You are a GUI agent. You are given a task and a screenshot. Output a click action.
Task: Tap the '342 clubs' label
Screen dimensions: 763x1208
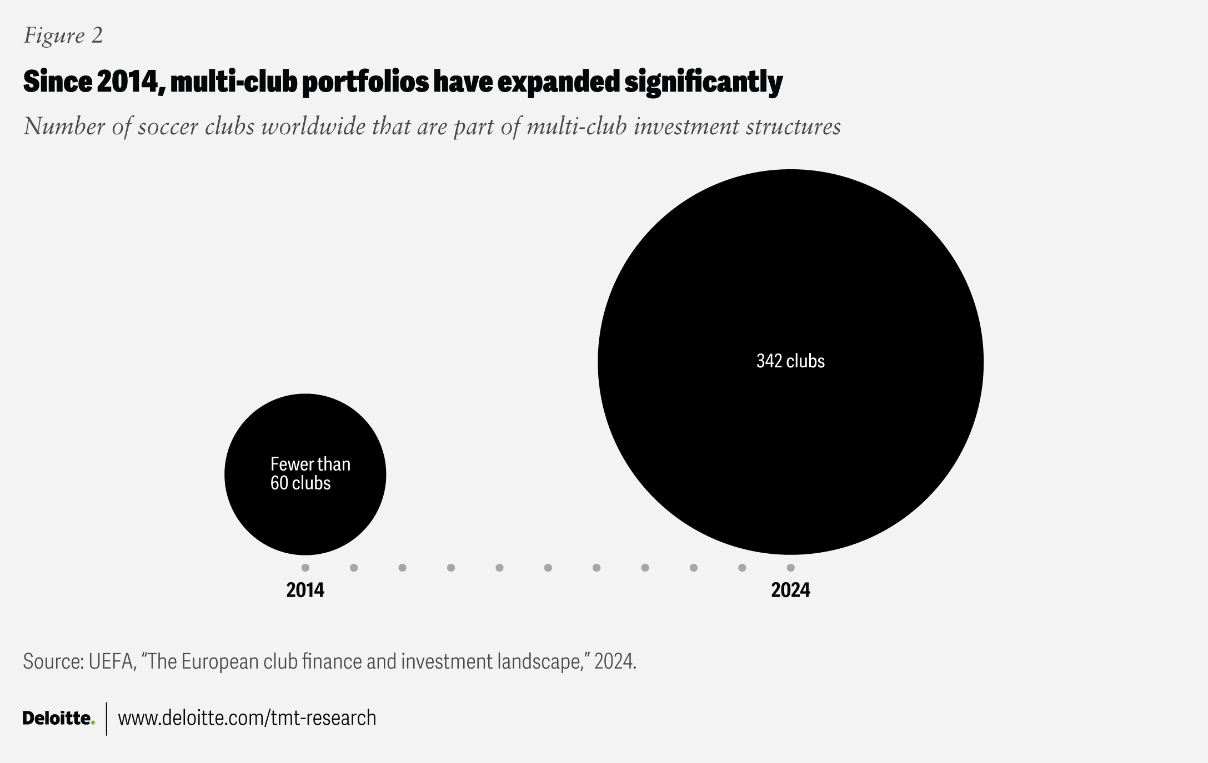790,361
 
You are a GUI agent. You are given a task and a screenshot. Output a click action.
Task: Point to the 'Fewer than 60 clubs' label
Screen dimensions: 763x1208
310,473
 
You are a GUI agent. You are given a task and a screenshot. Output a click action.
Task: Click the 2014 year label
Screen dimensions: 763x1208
305,590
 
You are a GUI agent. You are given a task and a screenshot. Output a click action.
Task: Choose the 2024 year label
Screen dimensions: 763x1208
790,590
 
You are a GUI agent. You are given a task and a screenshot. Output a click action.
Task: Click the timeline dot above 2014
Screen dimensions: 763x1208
305,568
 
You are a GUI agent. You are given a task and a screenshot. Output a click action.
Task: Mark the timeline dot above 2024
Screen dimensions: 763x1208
790,568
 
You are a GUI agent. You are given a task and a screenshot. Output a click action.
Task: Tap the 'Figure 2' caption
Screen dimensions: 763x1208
63,36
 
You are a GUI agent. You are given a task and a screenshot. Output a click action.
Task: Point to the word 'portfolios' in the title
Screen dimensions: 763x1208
365,82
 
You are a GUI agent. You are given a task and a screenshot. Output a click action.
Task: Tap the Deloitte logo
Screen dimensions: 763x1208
58,718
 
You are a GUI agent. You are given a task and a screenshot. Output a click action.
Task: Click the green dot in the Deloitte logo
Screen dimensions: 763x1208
93,722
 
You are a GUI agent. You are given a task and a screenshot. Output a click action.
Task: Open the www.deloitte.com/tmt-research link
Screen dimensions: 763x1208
247,718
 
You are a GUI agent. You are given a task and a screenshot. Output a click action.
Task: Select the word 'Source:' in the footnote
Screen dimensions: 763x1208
53,661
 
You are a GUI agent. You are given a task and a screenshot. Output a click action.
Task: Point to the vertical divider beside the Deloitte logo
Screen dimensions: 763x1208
106,719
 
